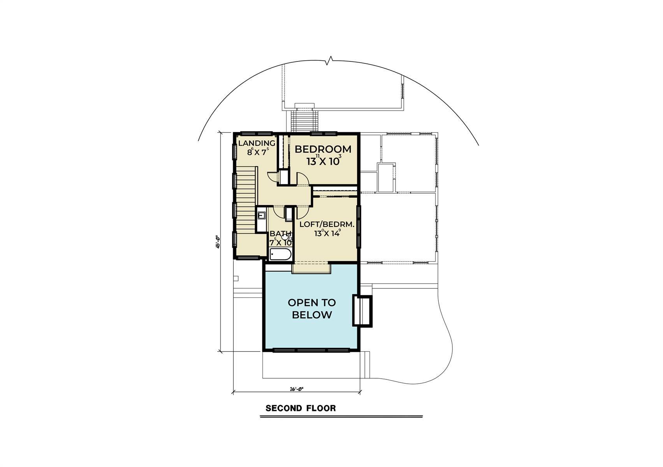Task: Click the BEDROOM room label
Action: click(323, 149)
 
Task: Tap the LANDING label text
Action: click(257, 143)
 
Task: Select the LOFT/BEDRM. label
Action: click(327, 225)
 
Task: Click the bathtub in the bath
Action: click(280, 255)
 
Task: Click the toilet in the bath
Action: click(285, 237)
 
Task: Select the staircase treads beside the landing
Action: click(246, 202)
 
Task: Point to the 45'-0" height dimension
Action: click(219, 241)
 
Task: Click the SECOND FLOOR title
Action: click(301, 408)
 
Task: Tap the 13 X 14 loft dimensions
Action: click(327, 233)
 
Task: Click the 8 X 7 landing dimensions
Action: click(258, 152)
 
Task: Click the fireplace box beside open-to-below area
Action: click(362, 310)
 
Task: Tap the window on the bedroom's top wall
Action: click(324, 133)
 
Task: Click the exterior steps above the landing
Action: click(305, 121)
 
